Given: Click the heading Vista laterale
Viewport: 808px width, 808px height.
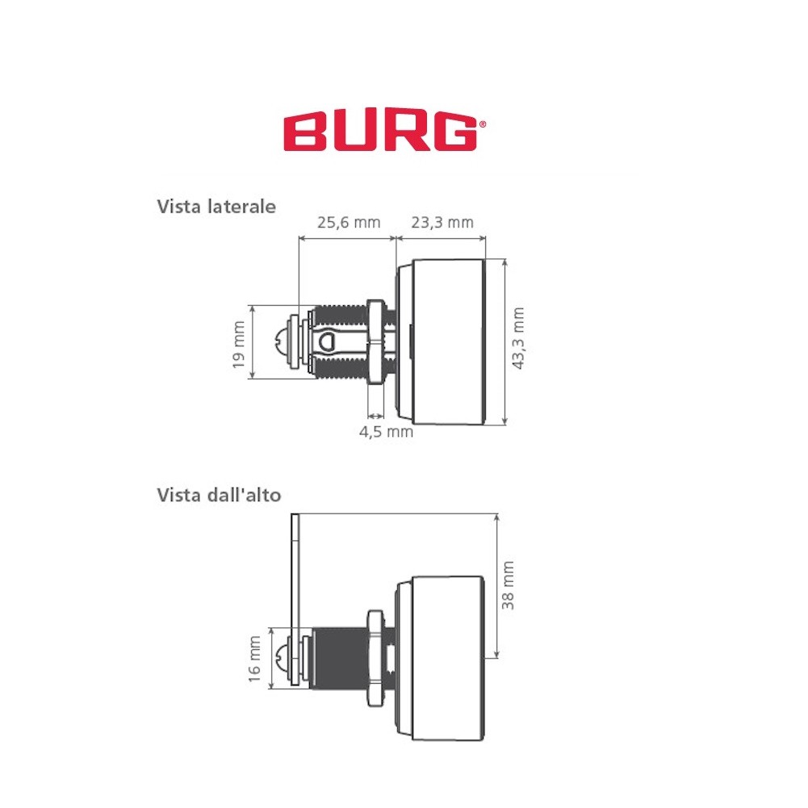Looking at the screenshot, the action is point(216,207).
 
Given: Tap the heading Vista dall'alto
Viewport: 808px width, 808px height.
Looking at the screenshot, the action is point(219,495).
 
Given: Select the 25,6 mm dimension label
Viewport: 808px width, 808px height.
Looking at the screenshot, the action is point(349,223).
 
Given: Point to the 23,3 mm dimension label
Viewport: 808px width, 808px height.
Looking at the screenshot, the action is point(442,223).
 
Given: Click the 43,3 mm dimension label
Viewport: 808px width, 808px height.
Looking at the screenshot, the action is point(518,338).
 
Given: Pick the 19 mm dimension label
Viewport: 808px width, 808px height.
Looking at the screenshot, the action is point(239,345).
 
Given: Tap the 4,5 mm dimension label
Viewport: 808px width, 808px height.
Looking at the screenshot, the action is point(386,432).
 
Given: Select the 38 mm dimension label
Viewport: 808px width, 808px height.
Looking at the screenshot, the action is point(508,585).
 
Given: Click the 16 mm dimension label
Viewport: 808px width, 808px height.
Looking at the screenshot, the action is point(254,659).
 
